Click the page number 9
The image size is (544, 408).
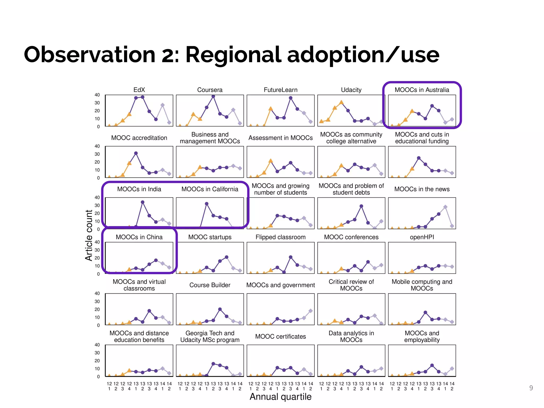pyautogui.click(x=531, y=388)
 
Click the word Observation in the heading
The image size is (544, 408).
pyautogui.click(x=90, y=55)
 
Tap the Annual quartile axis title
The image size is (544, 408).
pyautogui.click(x=280, y=397)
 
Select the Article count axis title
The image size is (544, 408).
pyautogui.click(x=89, y=235)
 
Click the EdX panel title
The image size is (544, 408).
pyautogui.click(x=139, y=90)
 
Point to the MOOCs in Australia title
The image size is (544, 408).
pyautogui.click(x=422, y=90)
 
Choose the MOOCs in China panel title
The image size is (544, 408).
pyautogui.click(x=139, y=237)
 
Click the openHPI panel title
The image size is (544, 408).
pyautogui.click(x=422, y=237)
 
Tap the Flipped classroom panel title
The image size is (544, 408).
pyautogui.click(x=280, y=237)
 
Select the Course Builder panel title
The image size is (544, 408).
pyautogui.click(x=210, y=285)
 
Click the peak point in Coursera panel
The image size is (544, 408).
pyautogui.click(x=213, y=96)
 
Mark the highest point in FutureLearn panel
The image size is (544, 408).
pyautogui.click(x=291, y=98)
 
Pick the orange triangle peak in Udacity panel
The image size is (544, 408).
pyautogui.click(x=341, y=102)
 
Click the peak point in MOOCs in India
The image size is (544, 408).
pyautogui.click(x=143, y=202)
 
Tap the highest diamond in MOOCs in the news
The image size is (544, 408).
pyautogui.click(x=445, y=207)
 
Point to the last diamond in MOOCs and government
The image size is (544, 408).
pyautogui.click(x=311, y=311)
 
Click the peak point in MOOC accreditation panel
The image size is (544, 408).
pyautogui.click(x=136, y=153)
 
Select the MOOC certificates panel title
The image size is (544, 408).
pyautogui.click(x=280, y=337)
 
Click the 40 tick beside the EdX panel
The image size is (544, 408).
pyautogui.click(x=97, y=95)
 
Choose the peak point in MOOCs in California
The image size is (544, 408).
pyautogui.click(x=207, y=204)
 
